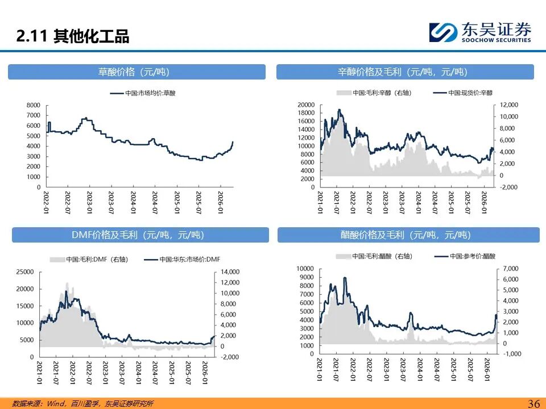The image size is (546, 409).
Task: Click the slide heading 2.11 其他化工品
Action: coord(73,37)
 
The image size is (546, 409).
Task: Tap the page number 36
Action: coord(533,403)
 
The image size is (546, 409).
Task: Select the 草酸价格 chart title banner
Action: coord(136,72)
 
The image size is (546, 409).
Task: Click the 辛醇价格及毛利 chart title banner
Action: coord(405,72)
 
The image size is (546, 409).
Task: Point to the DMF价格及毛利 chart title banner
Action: coord(140,235)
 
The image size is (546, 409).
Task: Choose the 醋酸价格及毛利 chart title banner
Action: coord(408,235)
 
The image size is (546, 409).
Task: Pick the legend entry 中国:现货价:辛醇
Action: coord(463,93)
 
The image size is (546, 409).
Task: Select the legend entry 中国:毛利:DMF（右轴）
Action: coord(89,259)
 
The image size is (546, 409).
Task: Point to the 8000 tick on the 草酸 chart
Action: coord(34,105)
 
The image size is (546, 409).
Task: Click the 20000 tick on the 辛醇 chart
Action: coord(306,105)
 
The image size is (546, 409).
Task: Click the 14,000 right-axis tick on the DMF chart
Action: coord(230,272)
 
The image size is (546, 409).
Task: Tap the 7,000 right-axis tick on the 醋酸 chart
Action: coord(510,268)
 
